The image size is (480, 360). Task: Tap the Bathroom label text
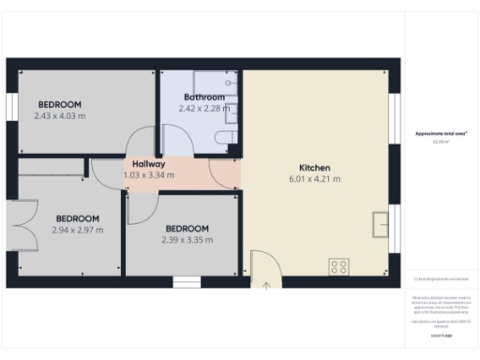tap(203, 97)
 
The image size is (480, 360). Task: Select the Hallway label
tap(149, 163)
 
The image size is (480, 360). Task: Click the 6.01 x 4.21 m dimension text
tap(316, 179)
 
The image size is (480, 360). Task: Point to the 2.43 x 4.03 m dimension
tap(59, 115)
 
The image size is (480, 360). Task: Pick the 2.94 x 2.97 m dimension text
tap(77, 230)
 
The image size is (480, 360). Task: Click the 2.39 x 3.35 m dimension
tap(187, 239)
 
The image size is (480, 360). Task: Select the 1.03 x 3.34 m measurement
tap(149, 174)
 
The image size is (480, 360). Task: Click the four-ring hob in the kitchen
tap(338, 267)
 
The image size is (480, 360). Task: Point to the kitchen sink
tap(381, 225)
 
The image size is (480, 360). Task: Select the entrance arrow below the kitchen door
tap(265, 285)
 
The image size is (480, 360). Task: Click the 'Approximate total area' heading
tap(441, 134)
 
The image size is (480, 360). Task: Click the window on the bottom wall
tap(187, 281)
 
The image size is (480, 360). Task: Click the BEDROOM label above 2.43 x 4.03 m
tap(59, 104)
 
